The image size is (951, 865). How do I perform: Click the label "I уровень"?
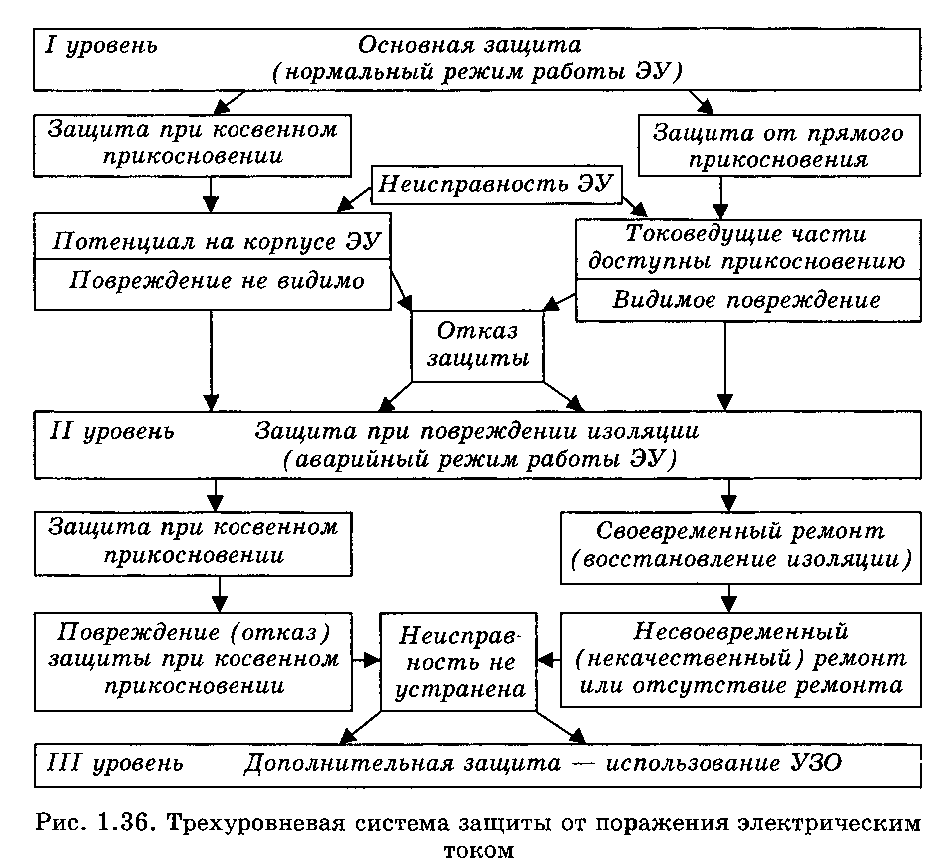click(x=101, y=46)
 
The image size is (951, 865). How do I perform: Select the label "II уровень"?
click(x=112, y=432)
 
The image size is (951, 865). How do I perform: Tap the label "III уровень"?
click(x=115, y=763)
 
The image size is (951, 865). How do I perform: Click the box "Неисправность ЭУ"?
click(x=496, y=184)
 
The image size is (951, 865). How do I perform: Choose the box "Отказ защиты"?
click(x=477, y=347)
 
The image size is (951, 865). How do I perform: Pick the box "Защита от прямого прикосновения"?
click(x=778, y=146)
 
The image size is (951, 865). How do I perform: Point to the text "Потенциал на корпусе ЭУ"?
click(x=216, y=241)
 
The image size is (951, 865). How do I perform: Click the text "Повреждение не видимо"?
click(x=217, y=281)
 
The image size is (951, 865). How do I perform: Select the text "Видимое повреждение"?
click(x=746, y=300)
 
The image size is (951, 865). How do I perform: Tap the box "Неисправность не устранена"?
click(x=458, y=661)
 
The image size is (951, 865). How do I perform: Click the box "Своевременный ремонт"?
click(x=740, y=548)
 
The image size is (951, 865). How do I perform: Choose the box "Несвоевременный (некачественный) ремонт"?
click(x=740, y=659)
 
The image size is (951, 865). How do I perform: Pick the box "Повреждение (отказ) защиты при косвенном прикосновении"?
click(x=194, y=661)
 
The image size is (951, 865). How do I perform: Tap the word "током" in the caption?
click(x=479, y=850)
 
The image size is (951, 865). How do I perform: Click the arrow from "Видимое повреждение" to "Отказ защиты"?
click(x=559, y=302)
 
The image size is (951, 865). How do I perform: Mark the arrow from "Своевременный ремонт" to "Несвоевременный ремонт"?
click(x=729, y=598)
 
